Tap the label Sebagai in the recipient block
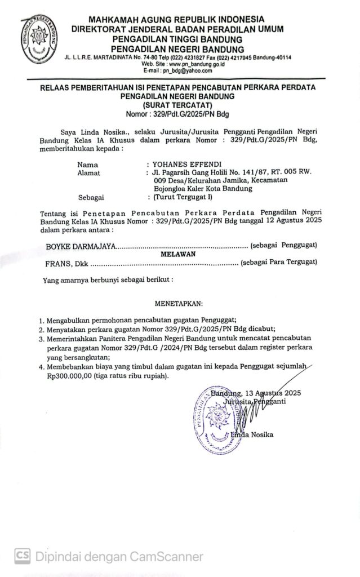[x=91, y=198]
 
